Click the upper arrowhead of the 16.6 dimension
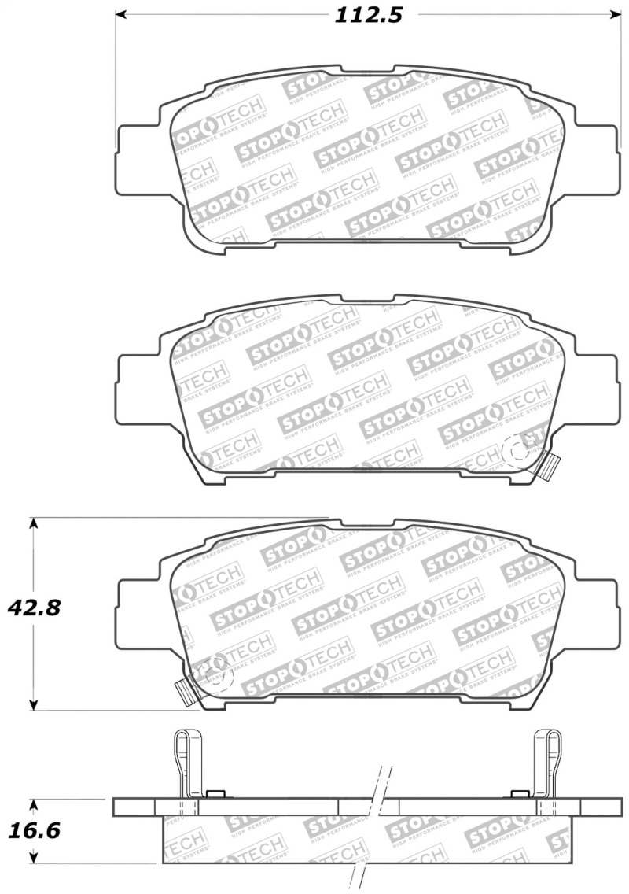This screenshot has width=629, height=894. pos(32,805)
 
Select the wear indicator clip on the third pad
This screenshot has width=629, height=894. pos(186,691)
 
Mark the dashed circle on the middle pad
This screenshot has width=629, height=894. pos(517,452)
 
